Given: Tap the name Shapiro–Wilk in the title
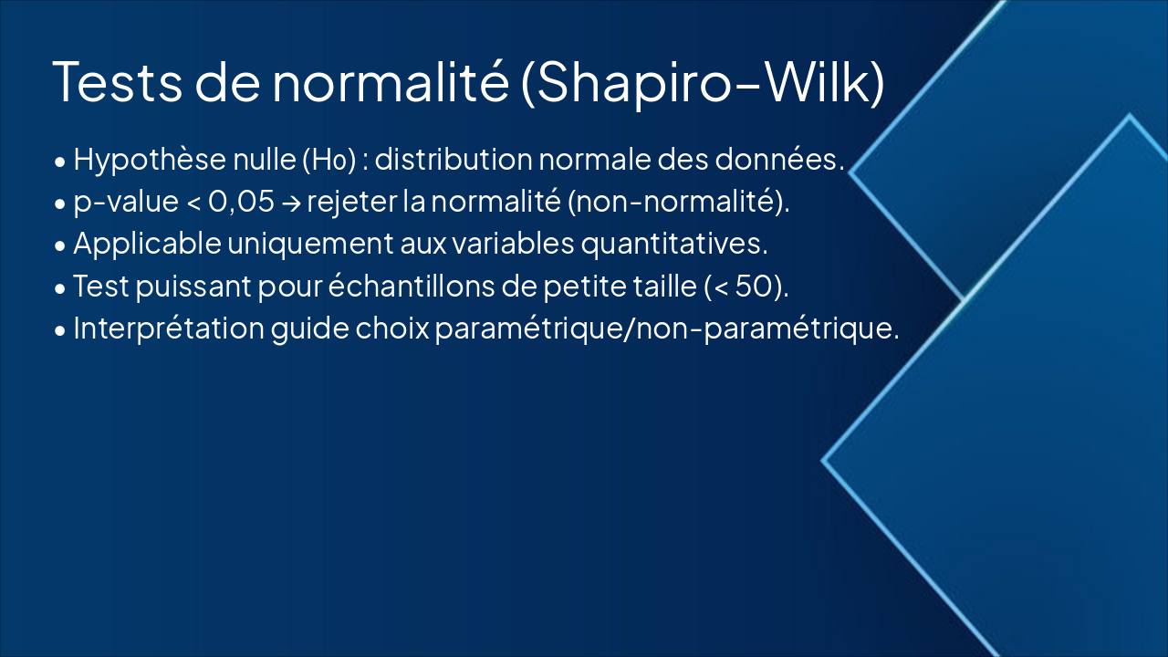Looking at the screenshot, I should pyautogui.click(x=704, y=81).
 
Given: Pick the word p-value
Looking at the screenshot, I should pyautogui.click(x=126, y=202).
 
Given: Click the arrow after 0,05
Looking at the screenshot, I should pyautogui.click(x=290, y=203).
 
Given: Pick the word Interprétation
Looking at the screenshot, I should pyautogui.click(x=168, y=328).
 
